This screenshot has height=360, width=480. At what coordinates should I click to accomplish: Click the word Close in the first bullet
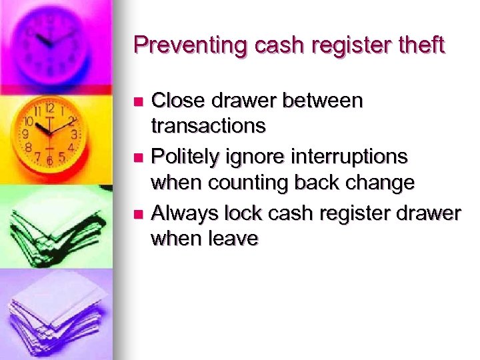(x=178, y=101)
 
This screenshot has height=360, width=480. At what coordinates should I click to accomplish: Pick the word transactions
(x=209, y=125)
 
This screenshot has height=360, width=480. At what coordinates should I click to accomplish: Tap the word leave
(x=233, y=238)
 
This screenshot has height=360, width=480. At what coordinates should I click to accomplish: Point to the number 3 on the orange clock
(x=75, y=133)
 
